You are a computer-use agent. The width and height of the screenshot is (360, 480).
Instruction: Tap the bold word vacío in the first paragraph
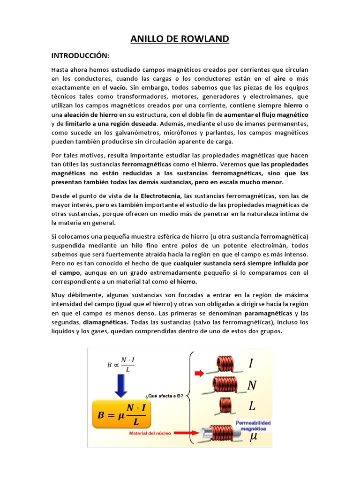point(119,87)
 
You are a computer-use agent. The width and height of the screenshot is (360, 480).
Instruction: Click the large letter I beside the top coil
point(251,363)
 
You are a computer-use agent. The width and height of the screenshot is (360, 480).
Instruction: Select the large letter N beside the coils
point(252,385)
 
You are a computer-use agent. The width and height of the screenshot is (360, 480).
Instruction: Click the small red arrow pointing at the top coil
point(199,373)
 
